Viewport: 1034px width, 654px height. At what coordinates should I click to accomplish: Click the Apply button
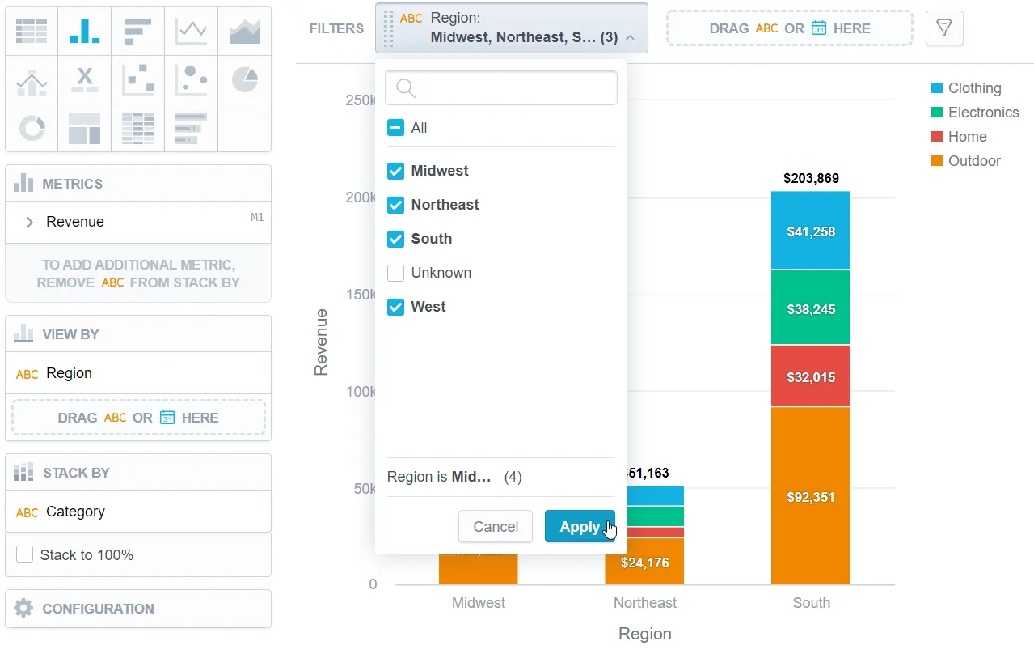[579, 526]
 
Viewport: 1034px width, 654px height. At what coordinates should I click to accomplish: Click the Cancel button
[495, 526]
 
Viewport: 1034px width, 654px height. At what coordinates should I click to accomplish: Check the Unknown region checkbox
[395, 273]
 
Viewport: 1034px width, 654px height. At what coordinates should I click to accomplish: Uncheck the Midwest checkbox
[395, 171]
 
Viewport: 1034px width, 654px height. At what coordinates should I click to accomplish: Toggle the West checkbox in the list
[395, 307]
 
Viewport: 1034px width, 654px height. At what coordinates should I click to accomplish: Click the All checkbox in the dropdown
[395, 128]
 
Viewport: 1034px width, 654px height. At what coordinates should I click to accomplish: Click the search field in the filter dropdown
[501, 88]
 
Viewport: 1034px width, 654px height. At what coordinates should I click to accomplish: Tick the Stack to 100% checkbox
[25, 554]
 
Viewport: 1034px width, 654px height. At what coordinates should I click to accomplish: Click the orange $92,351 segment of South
[810, 495]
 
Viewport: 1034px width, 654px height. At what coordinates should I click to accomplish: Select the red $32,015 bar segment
[810, 376]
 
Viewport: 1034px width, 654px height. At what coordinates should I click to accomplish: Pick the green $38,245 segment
[810, 308]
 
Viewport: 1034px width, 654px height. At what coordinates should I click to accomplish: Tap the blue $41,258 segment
[810, 231]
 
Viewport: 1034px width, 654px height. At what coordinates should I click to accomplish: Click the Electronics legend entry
[982, 113]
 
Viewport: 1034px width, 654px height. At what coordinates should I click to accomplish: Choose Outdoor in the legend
[973, 161]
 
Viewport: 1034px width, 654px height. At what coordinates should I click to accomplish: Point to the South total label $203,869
[810, 178]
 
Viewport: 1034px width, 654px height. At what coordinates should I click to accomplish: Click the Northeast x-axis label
[644, 603]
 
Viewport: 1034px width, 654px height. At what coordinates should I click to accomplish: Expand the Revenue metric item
[30, 222]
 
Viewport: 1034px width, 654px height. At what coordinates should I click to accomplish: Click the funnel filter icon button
[943, 28]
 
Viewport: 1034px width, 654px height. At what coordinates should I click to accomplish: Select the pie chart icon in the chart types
[244, 79]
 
